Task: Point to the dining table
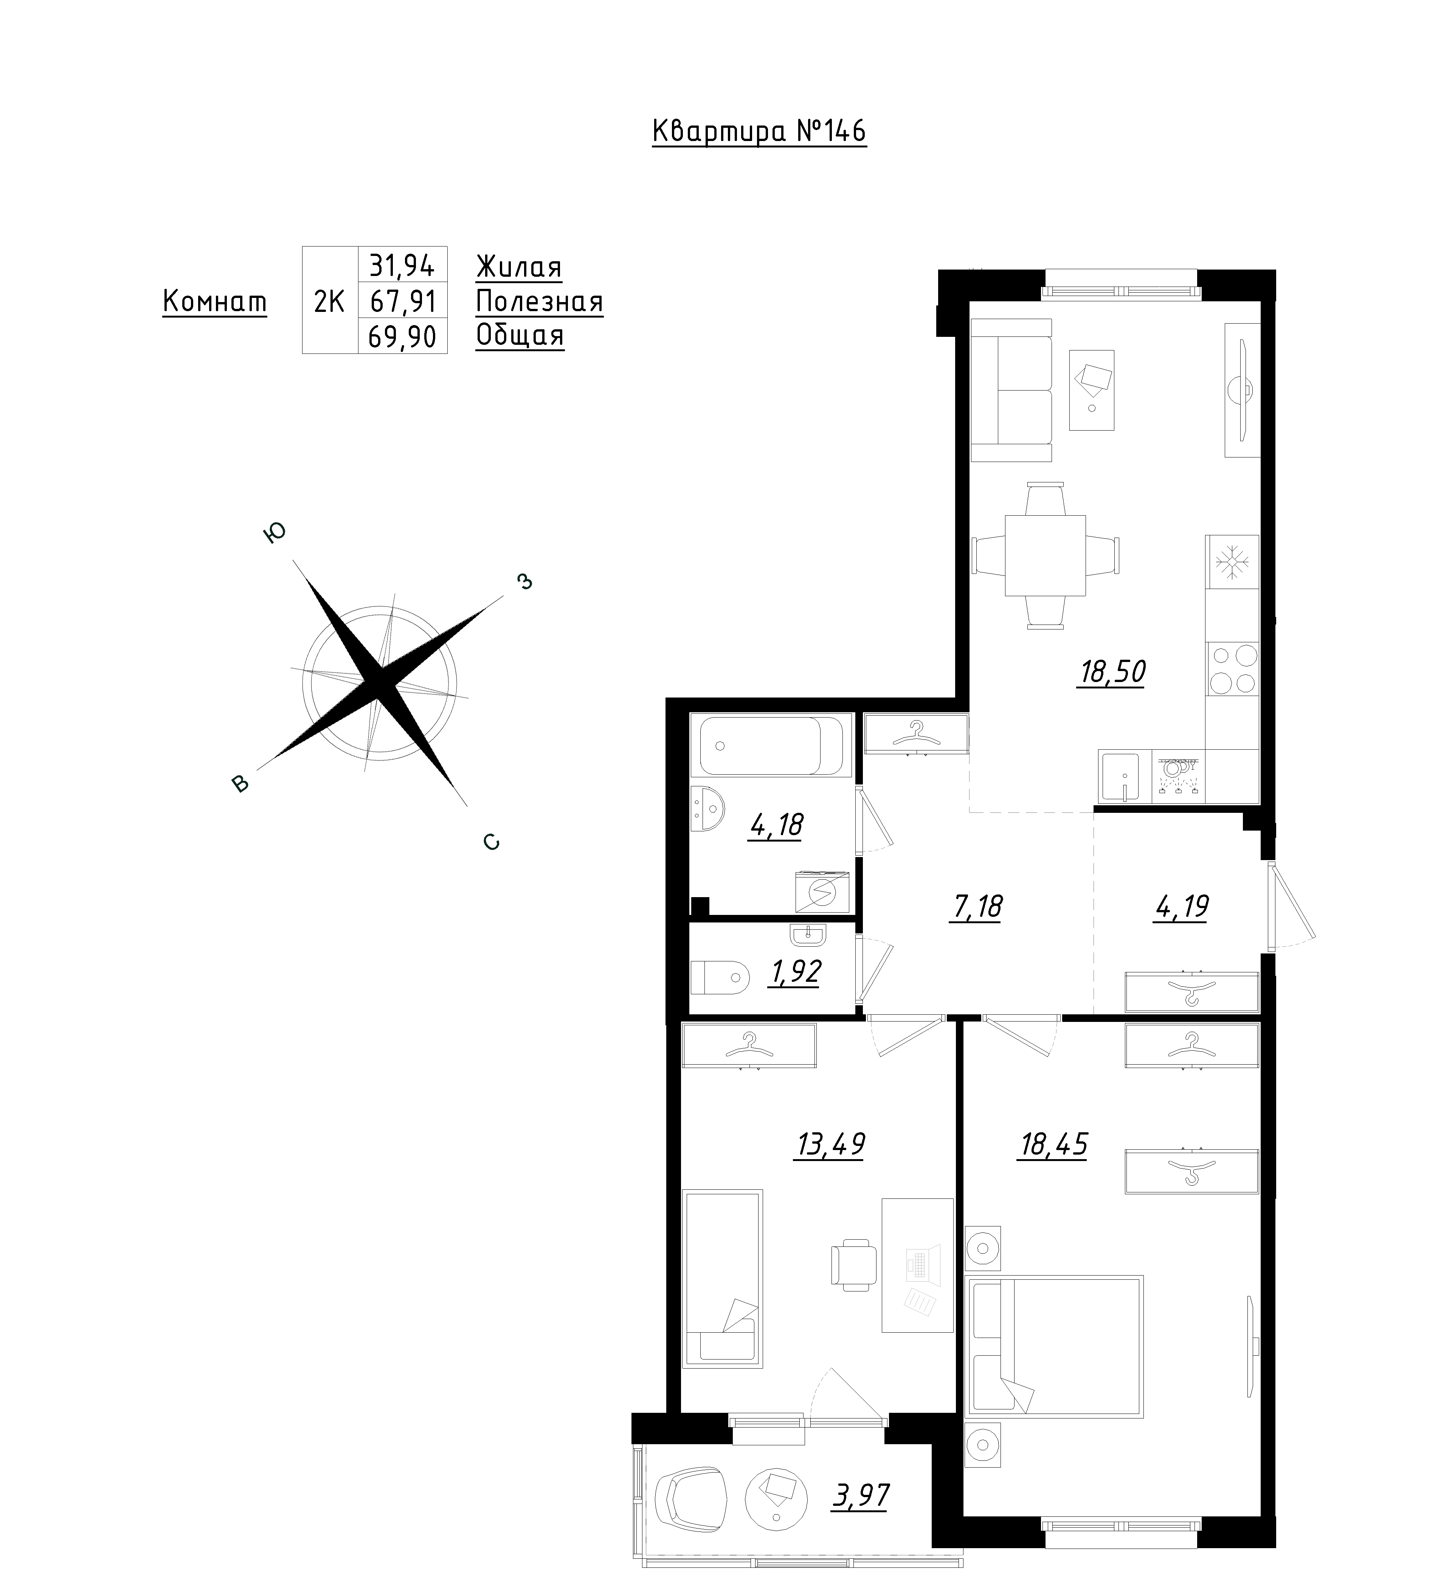(x=1045, y=555)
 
